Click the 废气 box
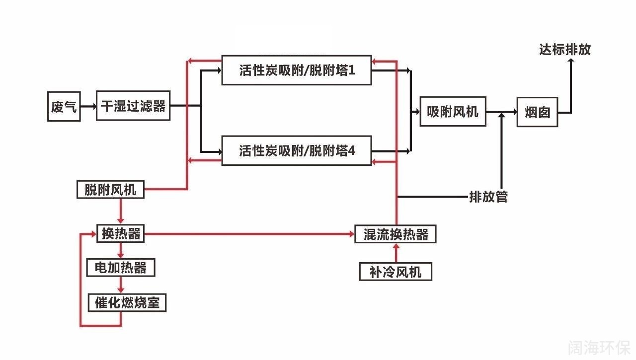tap(64, 106)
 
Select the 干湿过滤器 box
tap(133, 106)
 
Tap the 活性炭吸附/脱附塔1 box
tap(297, 70)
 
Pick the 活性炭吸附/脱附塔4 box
tap(297, 150)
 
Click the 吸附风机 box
tap(453, 112)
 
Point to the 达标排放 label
tap(565, 50)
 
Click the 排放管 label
tap(488, 197)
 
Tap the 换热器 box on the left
tap(121, 233)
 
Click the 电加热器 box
tap(121, 268)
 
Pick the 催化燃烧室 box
tap(127, 302)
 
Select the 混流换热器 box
tap(396, 234)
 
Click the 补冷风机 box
tap(396, 272)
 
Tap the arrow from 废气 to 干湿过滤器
tap(88, 106)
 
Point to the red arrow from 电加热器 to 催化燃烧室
tap(121, 285)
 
